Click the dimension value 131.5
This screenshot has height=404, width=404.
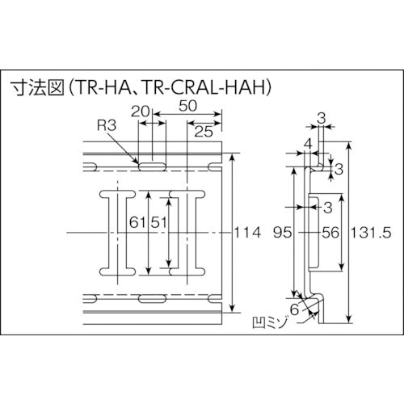coord(374,233)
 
